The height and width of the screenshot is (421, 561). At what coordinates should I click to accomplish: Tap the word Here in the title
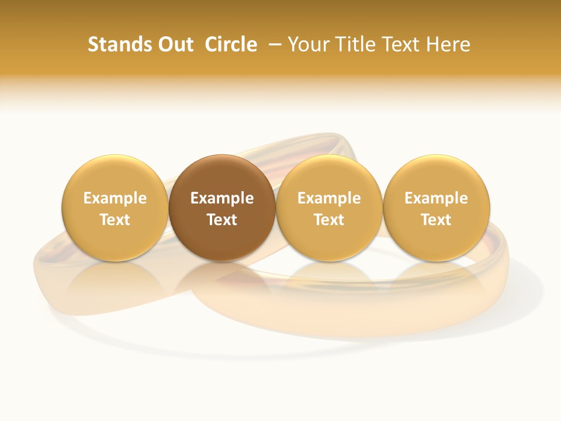coord(448,44)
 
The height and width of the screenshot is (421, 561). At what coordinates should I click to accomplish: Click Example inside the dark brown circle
coord(222,198)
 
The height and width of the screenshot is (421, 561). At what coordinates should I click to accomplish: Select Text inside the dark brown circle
coord(222,220)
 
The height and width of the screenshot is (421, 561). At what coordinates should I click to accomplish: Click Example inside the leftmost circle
coord(115,198)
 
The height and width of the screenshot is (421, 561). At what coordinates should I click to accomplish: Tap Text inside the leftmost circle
coord(115,220)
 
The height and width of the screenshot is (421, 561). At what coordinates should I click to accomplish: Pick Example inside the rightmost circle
coord(436,198)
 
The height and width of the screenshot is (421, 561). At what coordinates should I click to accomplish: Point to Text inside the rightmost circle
coord(436,220)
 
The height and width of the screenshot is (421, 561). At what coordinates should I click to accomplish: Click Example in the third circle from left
coord(329,198)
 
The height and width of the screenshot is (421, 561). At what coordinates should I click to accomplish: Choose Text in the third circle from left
coord(329,220)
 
